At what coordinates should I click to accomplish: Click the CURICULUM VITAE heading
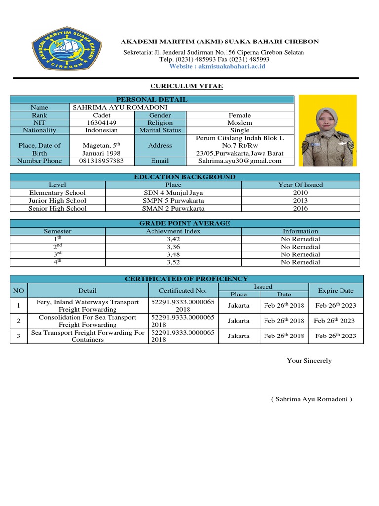[x=186, y=86]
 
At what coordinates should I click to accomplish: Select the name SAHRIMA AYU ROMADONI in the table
[x=120, y=107]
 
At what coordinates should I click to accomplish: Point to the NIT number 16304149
[x=102, y=123]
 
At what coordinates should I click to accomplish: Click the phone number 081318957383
[x=102, y=161]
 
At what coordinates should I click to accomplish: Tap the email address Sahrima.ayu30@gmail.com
[x=240, y=161]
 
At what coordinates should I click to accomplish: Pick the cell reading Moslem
[x=240, y=123]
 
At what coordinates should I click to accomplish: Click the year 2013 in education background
[x=300, y=201]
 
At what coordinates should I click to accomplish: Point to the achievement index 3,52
[x=174, y=262]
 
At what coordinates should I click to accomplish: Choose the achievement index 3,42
[x=174, y=239]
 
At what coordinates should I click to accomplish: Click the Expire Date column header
[x=336, y=290]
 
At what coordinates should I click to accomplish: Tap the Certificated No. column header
[x=183, y=290]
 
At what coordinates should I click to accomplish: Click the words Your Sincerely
[x=309, y=361]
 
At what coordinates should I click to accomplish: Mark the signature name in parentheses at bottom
[x=311, y=399]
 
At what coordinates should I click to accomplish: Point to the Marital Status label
[x=160, y=130]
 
